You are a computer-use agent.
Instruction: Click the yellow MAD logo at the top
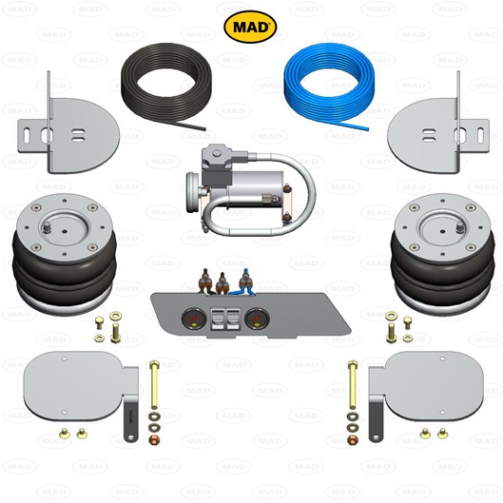click(x=250, y=27)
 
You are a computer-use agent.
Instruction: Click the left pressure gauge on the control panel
click(x=194, y=319)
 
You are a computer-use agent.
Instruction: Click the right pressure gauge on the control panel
click(x=257, y=319)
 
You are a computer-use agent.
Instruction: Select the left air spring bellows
click(x=65, y=255)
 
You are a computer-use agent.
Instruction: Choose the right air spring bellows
click(x=443, y=255)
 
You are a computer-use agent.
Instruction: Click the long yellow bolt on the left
click(x=154, y=385)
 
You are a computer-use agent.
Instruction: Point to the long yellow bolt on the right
click(x=352, y=385)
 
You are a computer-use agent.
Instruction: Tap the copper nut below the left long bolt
click(x=155, y=440)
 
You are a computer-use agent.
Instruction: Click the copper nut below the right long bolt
click(x=353, y=440)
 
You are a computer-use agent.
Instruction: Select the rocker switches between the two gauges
click(x=225, y=319)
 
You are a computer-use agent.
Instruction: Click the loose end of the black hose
click(x=204, y=129)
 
